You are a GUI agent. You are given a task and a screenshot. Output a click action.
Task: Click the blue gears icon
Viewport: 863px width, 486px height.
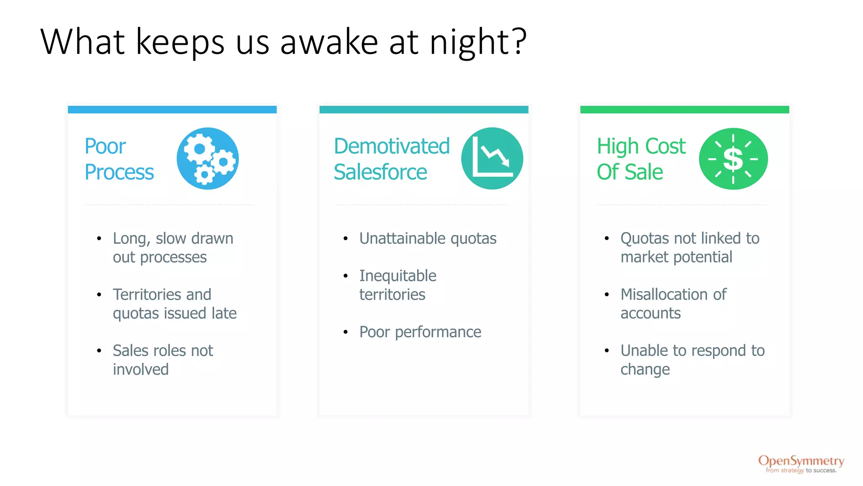pyautogui.click(x=208, y=159)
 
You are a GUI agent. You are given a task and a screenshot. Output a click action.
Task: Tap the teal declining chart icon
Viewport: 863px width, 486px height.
pyautogui.click(x=492, y=159)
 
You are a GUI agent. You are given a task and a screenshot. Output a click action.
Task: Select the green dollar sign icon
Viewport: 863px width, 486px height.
pyautogui.click(x=733, y=159)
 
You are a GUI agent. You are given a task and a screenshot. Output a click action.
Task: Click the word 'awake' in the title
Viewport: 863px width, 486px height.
pyautogui.click(x=329, y=42)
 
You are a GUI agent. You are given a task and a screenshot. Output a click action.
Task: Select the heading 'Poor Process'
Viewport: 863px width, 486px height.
pyautogui.click(x=119, y=159)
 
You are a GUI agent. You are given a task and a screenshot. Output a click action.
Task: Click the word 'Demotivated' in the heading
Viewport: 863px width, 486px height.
pyautogui.click(x=391, y=146)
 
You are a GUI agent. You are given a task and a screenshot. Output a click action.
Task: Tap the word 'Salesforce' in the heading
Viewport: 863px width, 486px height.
pyautogui.click(x=380, y=172)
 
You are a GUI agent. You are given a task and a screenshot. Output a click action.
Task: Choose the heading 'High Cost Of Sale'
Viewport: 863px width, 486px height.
pyautogui.click(x=641, y=159)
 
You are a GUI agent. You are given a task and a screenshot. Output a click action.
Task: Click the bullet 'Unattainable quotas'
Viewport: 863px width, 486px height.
pyautogui.click(x=427, y=238)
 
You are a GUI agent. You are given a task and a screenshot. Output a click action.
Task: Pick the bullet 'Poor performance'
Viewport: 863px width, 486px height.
pyautogui.click(x=420, y=332)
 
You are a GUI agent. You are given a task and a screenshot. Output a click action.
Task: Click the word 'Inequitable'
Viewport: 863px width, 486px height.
pyautogui.click(x=397, y=276)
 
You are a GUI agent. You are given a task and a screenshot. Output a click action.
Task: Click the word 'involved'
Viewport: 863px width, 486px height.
pyautogui.click(x=140, y=370)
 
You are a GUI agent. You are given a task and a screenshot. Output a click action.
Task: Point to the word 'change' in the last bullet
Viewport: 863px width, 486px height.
pyautogui.click(x=645, y=370)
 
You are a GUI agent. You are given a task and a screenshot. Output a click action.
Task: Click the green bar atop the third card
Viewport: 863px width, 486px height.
pyautogui.click(x=684, y=110)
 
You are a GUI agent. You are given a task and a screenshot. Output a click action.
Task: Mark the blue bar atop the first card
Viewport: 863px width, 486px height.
pyautogui.click(x=172, y=110)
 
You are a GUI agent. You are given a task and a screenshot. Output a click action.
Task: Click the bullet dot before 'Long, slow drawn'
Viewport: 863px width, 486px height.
pyautogui.click(x=99, y=239)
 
